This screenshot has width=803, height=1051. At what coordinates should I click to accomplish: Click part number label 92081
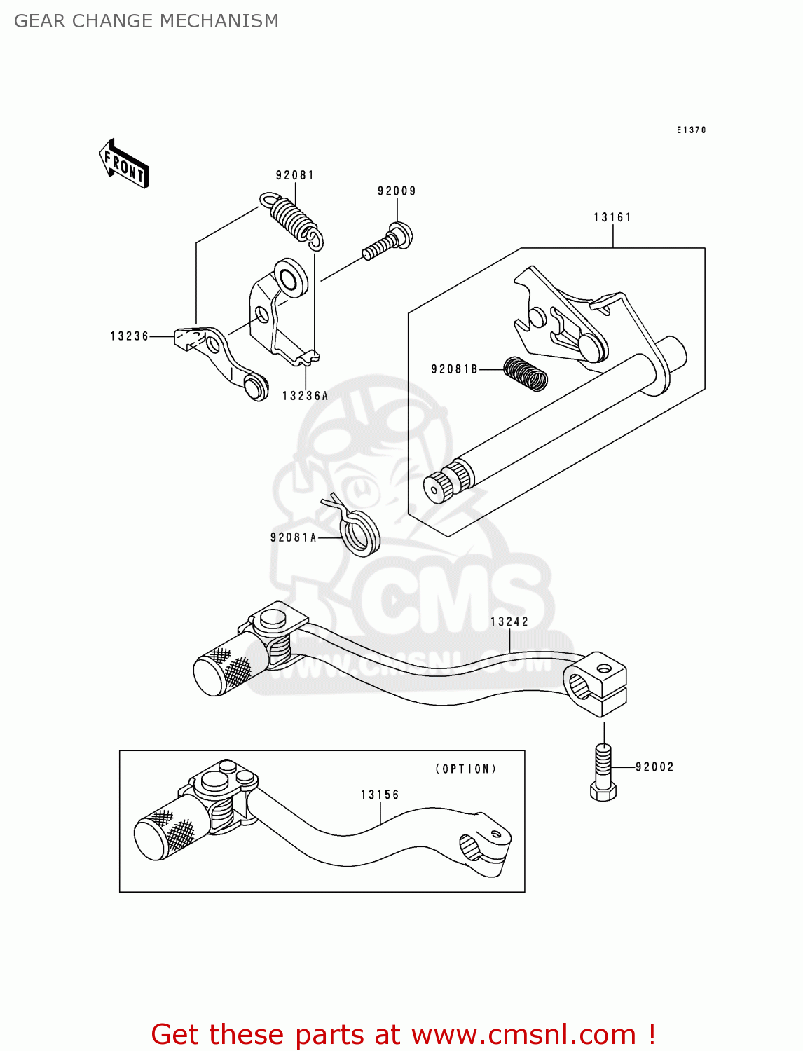pyautogui.click(x=295, y=175)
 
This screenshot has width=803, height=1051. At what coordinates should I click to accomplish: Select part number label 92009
pyautogui.click(x=397, y=191)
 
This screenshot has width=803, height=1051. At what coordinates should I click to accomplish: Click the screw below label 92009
pyautogui.click(x=387, y=241)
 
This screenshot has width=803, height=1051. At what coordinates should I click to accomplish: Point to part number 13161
pyautogui.click(x=612, y=217)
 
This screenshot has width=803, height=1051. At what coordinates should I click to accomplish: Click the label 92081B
pyautogui.click(x=454, y=369)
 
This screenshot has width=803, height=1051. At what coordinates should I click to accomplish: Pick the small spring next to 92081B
pyautogui.click(x=526, y=373)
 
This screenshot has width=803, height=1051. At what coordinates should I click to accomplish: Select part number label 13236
pyautogui.click(x=130, y=336)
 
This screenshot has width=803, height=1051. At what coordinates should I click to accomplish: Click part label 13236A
pyautogui.click(x=305, y=396)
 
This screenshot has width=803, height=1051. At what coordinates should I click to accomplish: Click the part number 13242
pyautogui.click(x=509, y=621)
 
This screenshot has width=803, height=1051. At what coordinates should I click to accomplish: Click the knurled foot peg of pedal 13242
pyautogui.click(x=231, y=670)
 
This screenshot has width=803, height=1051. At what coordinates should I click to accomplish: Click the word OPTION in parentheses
pyautogui.click(x=466, y=769)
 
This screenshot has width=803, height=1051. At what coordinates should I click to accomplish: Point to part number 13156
pyautogui.click(x=380, y=795)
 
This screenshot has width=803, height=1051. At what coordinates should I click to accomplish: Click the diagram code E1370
pyautogui.click(x=691, y=130)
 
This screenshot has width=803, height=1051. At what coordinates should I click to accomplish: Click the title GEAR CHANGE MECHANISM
pyautogui.click(x=146, y=21)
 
